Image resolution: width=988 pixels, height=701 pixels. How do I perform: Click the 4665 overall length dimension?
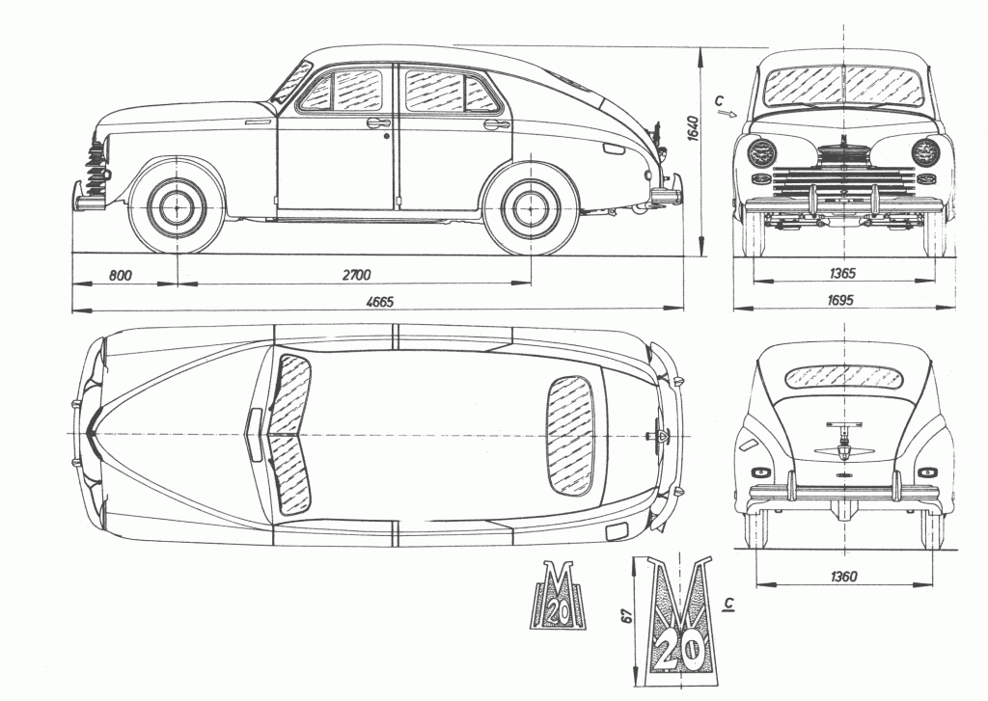tap(378, 302)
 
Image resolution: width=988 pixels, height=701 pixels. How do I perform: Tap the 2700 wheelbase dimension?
tap(355, 275)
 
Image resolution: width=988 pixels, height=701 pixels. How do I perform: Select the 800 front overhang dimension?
tap(120, 275)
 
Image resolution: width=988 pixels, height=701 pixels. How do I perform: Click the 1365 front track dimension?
tap(841, 274)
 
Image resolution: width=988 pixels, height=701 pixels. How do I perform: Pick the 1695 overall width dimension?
tap(840, 301)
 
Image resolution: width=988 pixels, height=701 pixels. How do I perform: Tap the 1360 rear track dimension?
tap(841, 577)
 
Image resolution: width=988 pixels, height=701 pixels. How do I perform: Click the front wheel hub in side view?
tap(177, 207)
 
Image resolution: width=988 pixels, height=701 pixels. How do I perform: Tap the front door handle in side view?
tap(378, 122)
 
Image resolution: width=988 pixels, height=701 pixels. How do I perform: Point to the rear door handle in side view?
tap(496, 123)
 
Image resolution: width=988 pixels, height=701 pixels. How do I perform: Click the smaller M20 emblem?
tap(556, 599)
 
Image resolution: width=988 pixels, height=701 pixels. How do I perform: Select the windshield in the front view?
tap(842, 85)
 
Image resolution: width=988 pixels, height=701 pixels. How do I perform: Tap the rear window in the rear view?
tap(840, 376)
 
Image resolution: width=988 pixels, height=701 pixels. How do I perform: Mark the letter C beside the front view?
tap(720, 100)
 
